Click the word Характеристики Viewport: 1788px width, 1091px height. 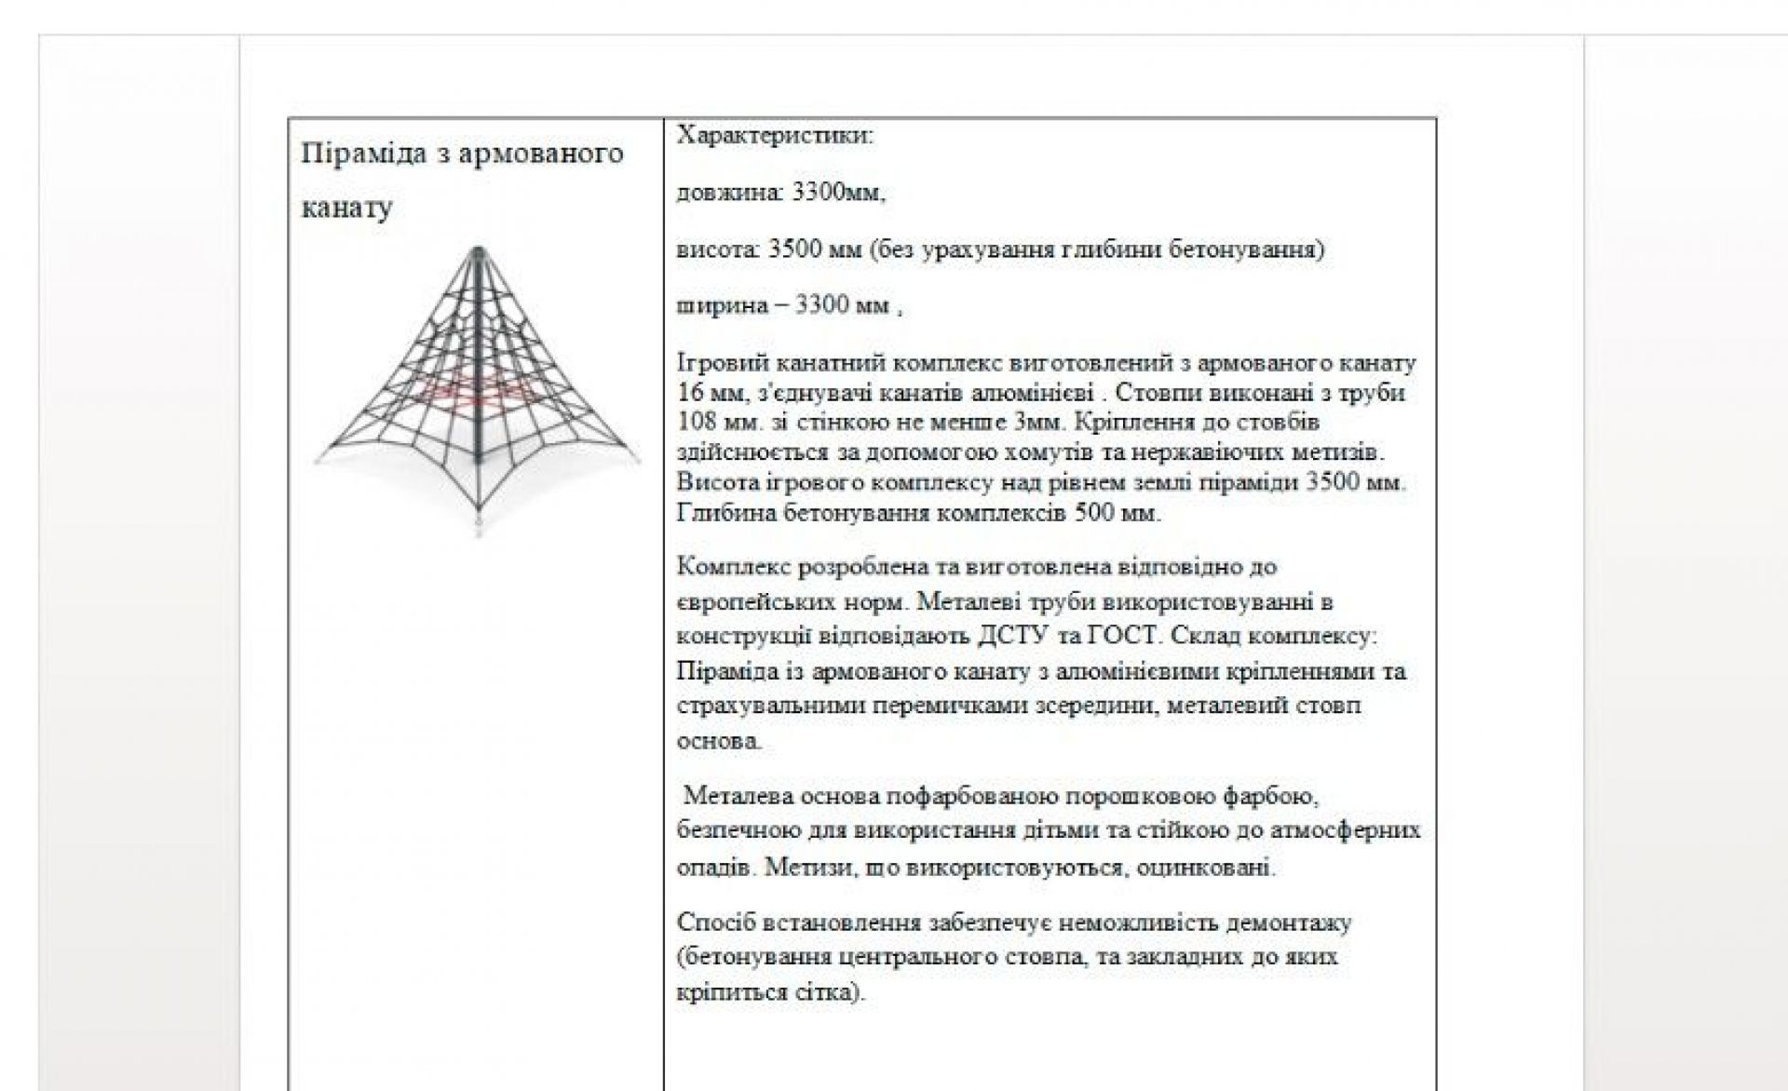[x=774, y=136]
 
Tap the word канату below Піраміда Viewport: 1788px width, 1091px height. [x=346, y=207]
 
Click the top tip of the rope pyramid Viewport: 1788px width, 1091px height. [x=478, y=250]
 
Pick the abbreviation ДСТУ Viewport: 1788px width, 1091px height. [x=1018, y=637]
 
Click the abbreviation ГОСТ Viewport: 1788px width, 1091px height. [x=1126, y=637]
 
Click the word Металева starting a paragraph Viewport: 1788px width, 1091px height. [x=738, y=797]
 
